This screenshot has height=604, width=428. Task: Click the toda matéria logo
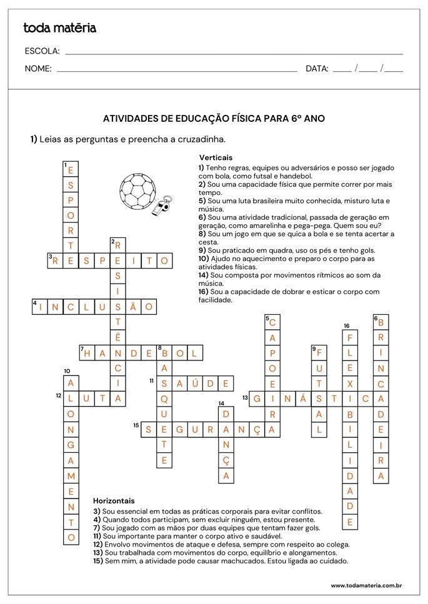point(59,28)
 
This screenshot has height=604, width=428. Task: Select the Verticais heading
point(216,158)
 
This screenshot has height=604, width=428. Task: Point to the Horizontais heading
point(114,501)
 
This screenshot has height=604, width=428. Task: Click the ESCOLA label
point(42,51)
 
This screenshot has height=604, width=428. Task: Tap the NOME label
point(38,69)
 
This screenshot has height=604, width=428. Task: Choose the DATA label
point(317,69)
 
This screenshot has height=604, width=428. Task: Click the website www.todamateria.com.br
point(366,585)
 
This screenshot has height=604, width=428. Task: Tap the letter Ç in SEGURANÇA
point(257,430)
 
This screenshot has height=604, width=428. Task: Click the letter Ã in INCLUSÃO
point(132,307)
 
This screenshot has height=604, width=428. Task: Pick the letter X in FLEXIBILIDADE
point(351,384)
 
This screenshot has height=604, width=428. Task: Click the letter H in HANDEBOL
point(88,354)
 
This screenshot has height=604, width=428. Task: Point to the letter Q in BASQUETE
point(164,399)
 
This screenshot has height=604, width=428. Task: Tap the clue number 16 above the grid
point(346,325)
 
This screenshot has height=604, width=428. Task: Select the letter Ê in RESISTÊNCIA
point(118,337)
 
